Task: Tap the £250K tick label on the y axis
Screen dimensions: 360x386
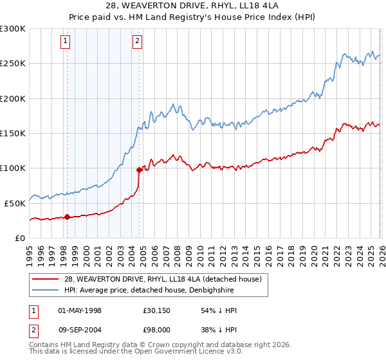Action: point(13,64)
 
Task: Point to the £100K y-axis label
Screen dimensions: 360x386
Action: point(13,168)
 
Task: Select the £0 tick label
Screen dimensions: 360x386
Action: point(19,238)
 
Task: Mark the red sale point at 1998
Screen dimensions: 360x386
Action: point(67,217)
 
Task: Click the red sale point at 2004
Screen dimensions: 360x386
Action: point(139,170)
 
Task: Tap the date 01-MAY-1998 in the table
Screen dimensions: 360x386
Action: point(80,310)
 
